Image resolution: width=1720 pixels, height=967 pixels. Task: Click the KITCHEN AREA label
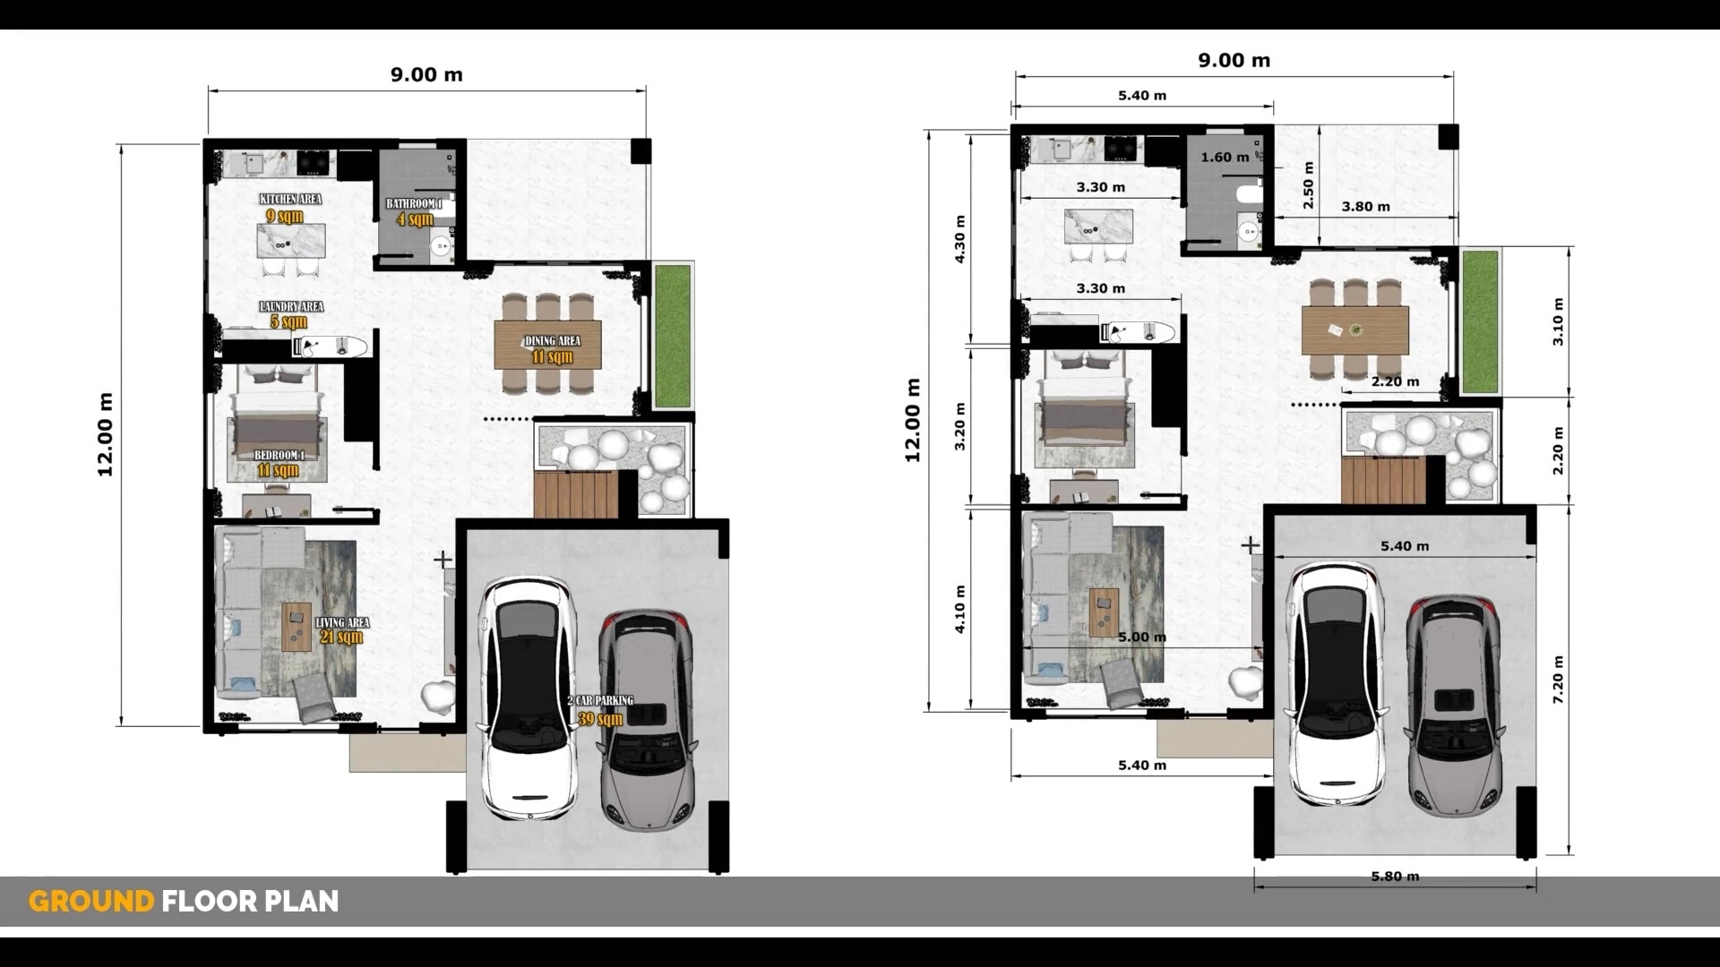[x=290, y=199]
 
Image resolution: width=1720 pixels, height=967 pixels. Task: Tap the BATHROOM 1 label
[x=414, y=204]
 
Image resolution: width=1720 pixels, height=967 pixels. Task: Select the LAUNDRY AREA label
[x=291, y=307]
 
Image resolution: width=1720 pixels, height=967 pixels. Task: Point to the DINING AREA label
[x=552, y=341]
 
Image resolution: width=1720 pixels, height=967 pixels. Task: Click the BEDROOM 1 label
[x=279, y=456]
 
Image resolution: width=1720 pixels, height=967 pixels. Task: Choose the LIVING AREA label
[x=341, y=622]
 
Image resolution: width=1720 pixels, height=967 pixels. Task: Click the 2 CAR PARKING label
[x=600, y=701]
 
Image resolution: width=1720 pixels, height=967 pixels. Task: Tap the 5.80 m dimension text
[x=1395, y=877]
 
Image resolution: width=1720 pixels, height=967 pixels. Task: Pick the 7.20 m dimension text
[x=1559, y=679]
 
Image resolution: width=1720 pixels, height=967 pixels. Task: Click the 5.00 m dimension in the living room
[x=1141, y=638]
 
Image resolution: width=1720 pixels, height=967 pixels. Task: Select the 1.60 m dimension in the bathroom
[x=1224, y=158]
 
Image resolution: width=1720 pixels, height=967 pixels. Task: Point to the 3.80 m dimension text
[x=1365, y=207]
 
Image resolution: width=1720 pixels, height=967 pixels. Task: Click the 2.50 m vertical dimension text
[x=1308, y=185]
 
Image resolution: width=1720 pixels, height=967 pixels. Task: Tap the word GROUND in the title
[x=91, y=901]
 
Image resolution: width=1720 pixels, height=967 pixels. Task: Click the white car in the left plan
[x=526, y=698]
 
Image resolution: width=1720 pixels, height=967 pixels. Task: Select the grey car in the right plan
[x=1454, y=707]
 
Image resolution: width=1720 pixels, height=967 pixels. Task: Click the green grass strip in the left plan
[x=673, y=336]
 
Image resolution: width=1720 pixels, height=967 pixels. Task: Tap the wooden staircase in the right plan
[x=1382, y=481]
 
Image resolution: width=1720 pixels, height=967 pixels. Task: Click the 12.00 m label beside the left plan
[x=106, y=434]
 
